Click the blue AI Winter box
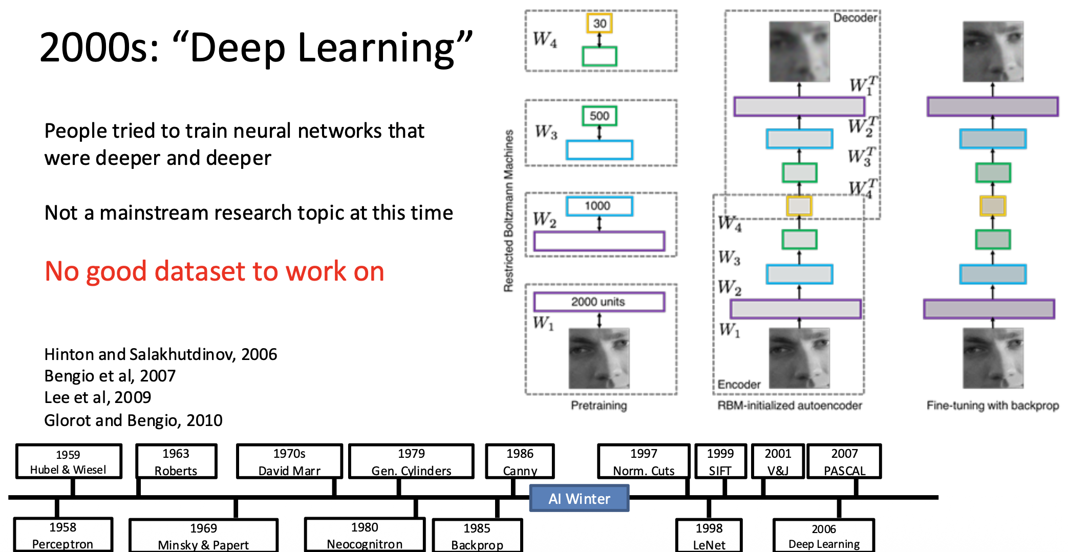click(579, 498)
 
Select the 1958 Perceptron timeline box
click(63, 535)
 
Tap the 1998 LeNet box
click(709, 536)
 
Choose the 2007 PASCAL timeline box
click(844, 461)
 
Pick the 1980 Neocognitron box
click(365, 535)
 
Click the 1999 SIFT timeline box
click(720, 461)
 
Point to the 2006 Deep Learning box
click(823, 536)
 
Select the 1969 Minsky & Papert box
click(203, 536)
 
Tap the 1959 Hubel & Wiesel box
click(69, 461)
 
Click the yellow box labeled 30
click(599, 24)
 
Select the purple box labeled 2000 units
click(599, 302)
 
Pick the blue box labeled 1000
click(599, 206)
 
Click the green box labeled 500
click(599, 116)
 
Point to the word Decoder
click(855, 18)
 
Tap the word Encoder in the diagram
click(739, 384)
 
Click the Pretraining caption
click(599, 406)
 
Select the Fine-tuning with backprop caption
click(992, 406)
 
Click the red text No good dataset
click(214, 271)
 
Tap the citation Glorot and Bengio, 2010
click(133, 420)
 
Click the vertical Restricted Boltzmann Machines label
click(508, 211)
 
